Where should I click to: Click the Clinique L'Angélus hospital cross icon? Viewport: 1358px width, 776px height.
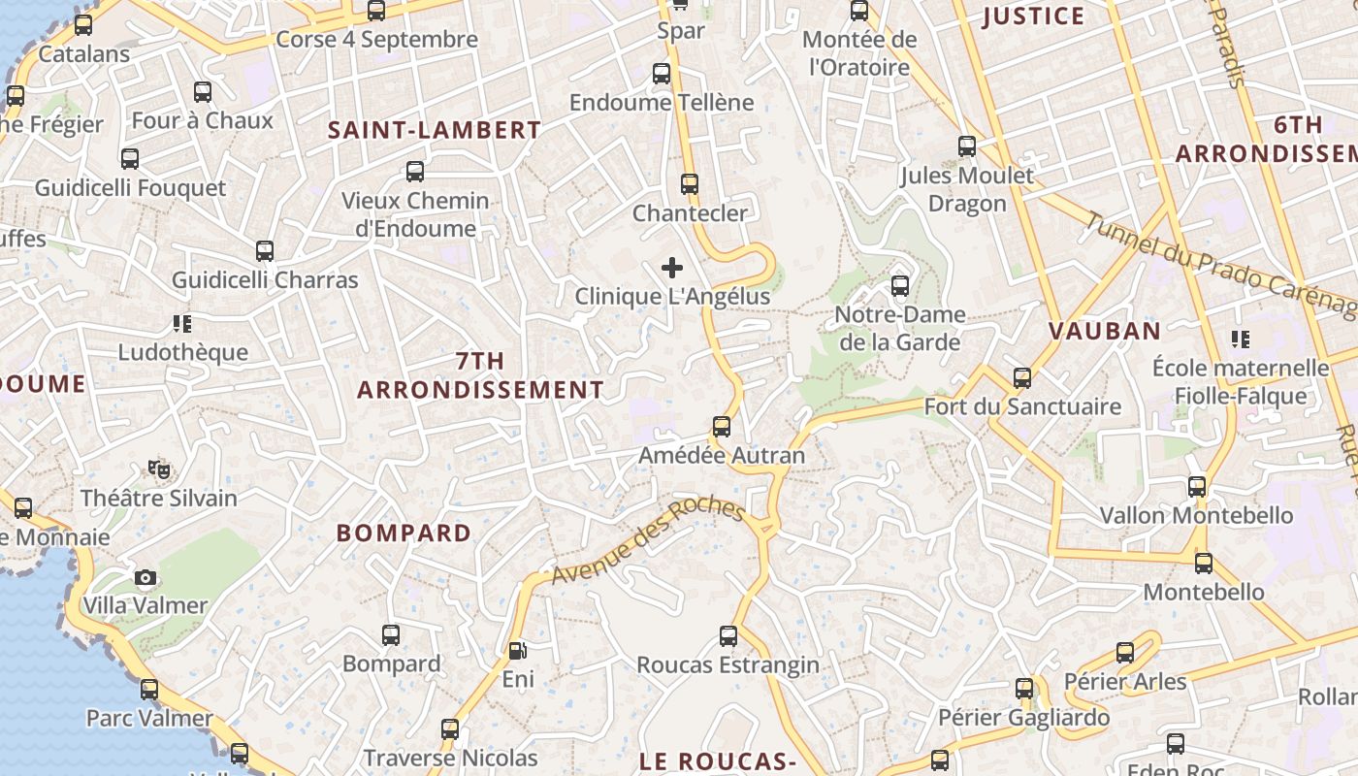(x=672, y=268)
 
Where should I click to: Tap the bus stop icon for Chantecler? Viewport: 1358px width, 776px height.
(x=690, y=184)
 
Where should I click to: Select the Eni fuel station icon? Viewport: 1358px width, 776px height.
(x=518, y=651)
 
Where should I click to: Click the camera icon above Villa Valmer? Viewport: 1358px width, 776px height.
(x=145, y=578)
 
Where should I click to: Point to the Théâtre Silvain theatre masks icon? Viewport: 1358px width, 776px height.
(x=159, y=470)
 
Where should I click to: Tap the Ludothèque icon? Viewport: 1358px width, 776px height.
(x=182, y=323)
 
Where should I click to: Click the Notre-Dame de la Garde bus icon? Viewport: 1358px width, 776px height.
(x=900, y=286)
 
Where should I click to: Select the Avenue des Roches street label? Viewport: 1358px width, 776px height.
(x=647, y=542)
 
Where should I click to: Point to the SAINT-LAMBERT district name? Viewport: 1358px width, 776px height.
(x=434, y=130)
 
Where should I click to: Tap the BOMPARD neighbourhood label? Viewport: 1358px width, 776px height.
(x=404, y=533)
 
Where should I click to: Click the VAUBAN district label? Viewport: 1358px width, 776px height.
(x=1105, y=331)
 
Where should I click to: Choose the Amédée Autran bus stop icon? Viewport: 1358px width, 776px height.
(x=722, y=427)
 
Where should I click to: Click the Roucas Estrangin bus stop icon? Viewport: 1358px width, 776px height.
(x=728, y=636)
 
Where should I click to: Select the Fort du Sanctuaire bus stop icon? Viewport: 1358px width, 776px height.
(x=1022, y=378)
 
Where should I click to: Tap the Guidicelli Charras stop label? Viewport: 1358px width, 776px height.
(x=265, y=280)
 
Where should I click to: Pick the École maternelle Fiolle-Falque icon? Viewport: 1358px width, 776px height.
(x=1241, y=339)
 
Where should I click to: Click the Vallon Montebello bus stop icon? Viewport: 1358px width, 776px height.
(x=1197, y=487)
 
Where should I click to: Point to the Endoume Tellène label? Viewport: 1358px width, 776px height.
(x=662, y=102)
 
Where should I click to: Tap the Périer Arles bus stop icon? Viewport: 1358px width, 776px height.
(x=1125, y=653)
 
